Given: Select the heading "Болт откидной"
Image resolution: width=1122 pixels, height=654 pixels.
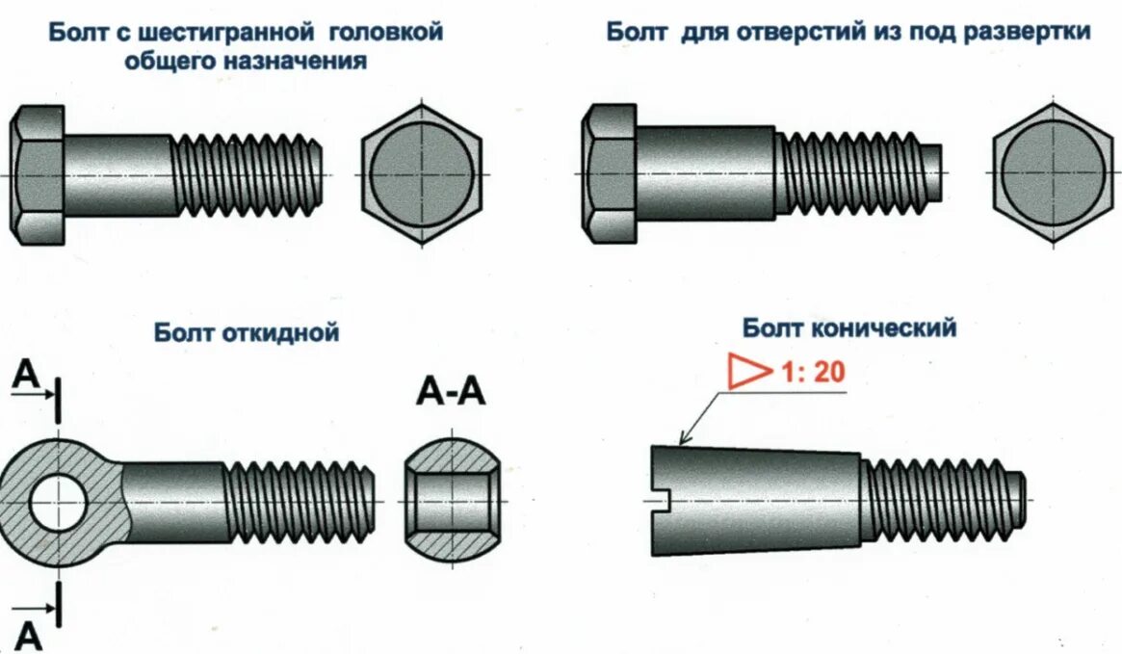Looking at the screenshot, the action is point(247,333).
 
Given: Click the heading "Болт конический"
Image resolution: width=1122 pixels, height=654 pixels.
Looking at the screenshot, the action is point(849,328).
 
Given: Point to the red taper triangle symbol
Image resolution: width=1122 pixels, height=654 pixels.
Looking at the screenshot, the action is point(746,372).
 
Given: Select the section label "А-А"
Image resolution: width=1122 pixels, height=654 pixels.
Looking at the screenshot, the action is point(452,393).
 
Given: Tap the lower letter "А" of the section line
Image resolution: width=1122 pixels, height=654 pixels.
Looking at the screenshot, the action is point(29,637).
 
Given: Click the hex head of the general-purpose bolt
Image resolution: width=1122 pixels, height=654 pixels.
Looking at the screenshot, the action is point(38,174).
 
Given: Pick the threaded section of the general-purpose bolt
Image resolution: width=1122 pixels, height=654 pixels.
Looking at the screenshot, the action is point(247,174).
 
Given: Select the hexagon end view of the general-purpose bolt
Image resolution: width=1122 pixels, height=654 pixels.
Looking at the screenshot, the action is point(421,174).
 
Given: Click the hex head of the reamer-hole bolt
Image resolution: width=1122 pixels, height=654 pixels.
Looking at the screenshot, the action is point(609,174).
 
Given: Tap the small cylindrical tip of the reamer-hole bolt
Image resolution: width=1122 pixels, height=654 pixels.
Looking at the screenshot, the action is point(932,174).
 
